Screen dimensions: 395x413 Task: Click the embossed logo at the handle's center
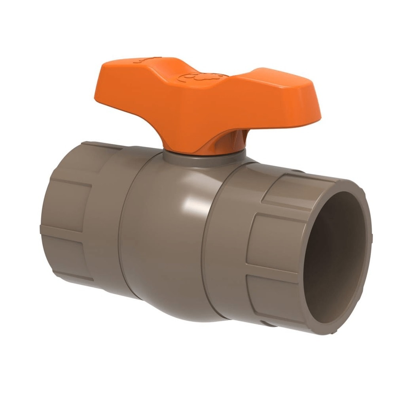202,77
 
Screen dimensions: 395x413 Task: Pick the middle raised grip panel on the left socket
63,205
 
